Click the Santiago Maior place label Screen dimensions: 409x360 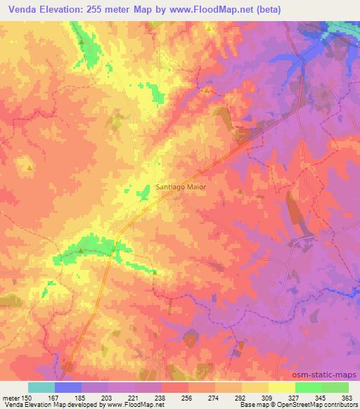181,187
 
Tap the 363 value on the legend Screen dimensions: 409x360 346,397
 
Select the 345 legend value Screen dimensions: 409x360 320,397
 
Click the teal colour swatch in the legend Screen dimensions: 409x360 41,387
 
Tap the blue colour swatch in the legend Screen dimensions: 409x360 68,387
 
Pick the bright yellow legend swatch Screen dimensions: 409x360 281,387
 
